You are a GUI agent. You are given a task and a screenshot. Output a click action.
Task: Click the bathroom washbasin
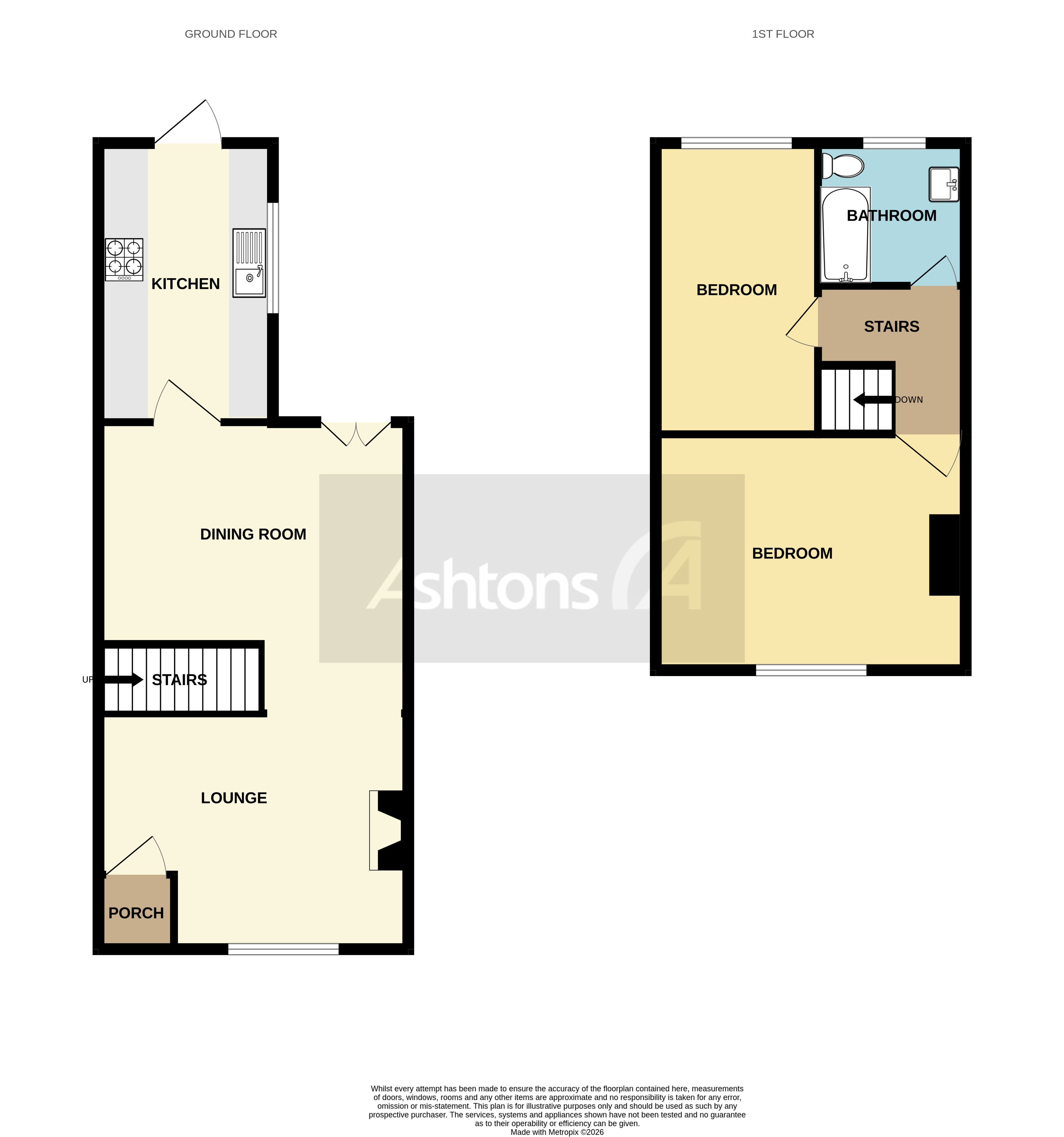pos(944,184)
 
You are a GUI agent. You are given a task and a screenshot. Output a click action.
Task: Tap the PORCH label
pos(136,914)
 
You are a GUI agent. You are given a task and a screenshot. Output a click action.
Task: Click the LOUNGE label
pos(234,798)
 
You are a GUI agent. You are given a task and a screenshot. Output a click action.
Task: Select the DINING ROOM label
pos(253,534)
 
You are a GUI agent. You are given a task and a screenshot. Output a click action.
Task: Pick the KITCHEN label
pos(185,284)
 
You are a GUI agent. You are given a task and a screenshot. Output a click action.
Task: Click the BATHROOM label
pos(891,216)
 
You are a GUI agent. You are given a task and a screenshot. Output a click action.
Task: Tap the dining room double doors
pos(356,434)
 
